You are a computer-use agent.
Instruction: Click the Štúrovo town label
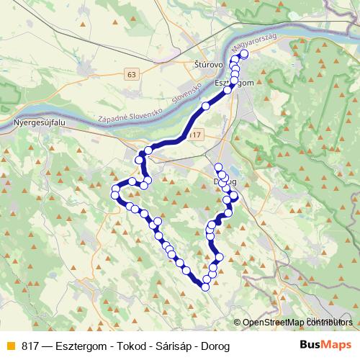209,64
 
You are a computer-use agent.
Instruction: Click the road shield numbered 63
130,74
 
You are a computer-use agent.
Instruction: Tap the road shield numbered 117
194,135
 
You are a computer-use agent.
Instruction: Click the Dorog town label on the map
226,181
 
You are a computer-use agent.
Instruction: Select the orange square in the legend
9,346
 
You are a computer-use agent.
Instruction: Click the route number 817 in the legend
30,346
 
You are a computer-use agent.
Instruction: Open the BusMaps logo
325,346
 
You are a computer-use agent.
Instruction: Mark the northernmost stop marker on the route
243,54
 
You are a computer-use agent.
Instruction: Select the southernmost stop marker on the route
205,287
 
